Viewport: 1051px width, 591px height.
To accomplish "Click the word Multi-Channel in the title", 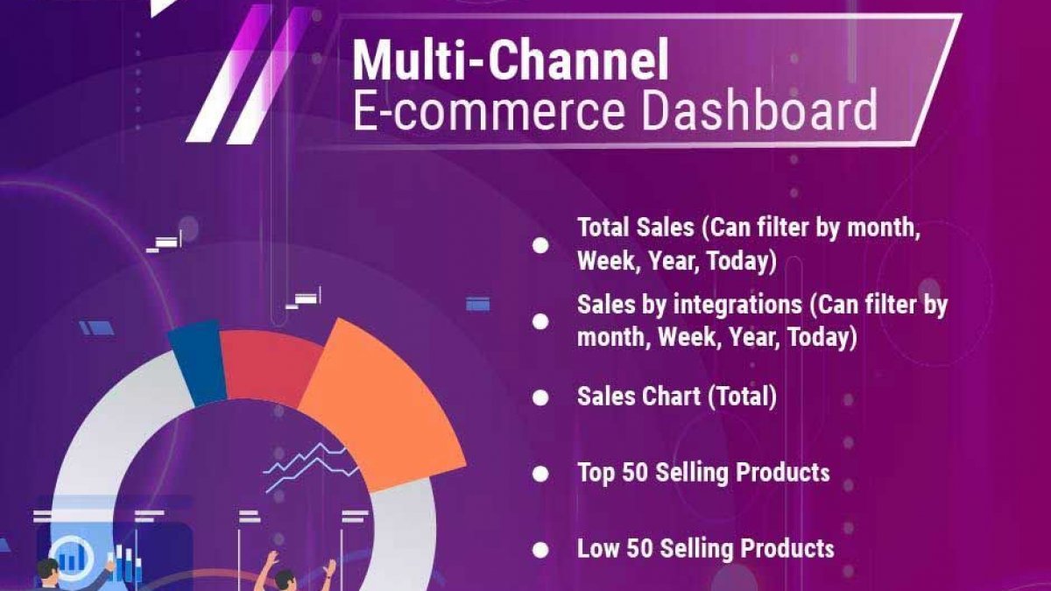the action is tap(511, 60).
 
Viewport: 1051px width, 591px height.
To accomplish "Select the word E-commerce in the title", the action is tap(489, 110).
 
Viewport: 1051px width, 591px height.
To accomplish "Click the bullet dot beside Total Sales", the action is tap(540, 245).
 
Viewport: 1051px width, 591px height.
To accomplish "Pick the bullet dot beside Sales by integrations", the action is tap(540, 321).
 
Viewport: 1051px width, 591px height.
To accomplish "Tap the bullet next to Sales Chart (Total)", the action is tap(540, 398).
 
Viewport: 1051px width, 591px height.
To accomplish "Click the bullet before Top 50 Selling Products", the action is tap(540, 474).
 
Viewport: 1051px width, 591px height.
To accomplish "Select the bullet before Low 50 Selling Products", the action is tap(540, 550).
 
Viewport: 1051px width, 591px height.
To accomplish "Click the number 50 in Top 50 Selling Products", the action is tap(635, 472).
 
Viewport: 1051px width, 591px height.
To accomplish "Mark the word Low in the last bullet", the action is tap(598, 548).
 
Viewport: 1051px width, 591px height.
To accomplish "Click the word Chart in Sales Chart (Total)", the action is tap(672, 397).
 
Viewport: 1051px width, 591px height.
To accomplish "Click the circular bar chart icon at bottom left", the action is tap(72, 559).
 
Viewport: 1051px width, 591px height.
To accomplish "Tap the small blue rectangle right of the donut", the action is tap(477, 304).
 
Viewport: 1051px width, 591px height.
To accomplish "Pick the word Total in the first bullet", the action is tap(603, 228).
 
